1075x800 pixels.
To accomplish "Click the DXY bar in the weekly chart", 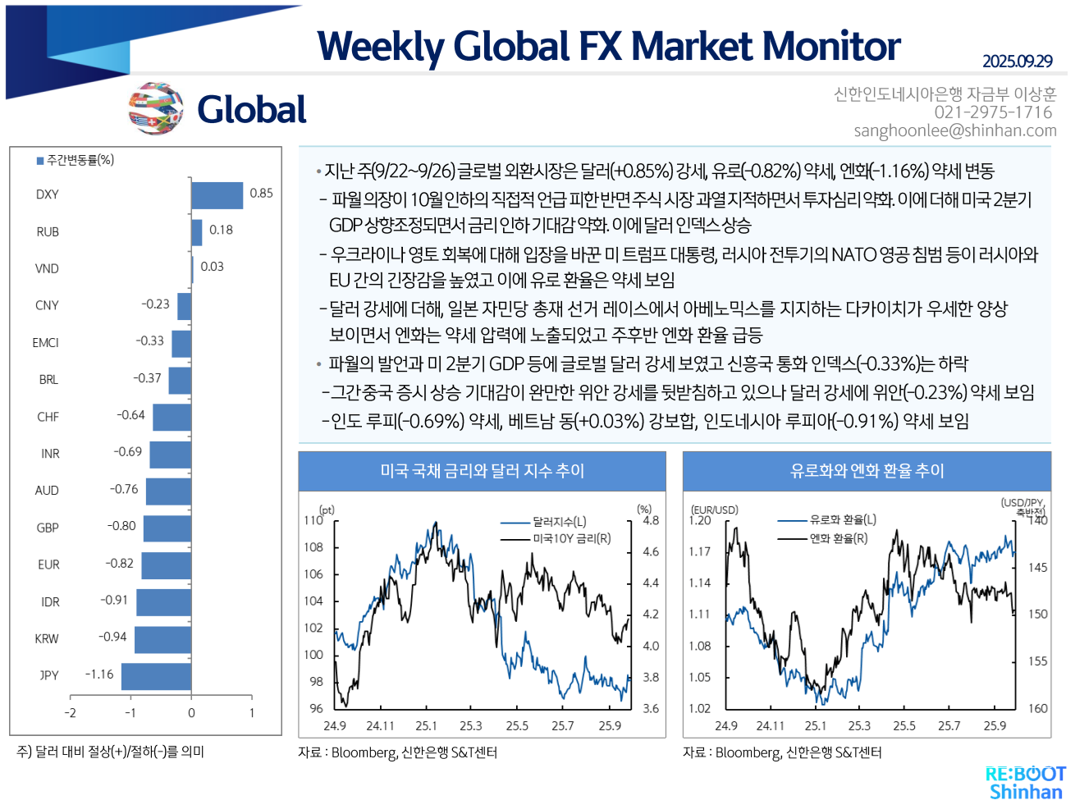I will [x=217, y=195].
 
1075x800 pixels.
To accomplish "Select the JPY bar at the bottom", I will [x=156, y=676].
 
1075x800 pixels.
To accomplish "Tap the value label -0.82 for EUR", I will [x=119, y=564].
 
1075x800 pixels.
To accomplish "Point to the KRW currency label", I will [x=47, y=639].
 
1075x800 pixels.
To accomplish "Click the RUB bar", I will [x=196, y=232].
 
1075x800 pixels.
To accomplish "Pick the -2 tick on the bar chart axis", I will [x=71, y=713].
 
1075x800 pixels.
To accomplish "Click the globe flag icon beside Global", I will [x=155, y=108].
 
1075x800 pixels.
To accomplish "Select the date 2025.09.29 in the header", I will [x=1017, y=62].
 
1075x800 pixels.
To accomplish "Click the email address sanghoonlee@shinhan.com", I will [x=954, y=131].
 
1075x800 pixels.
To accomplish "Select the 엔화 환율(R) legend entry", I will [x=838, y=539].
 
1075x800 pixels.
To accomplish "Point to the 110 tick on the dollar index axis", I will [x=313, y=520].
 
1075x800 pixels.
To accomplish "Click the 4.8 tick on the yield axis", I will [x=651, y=520].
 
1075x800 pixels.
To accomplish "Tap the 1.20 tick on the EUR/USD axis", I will [x=700, y=520].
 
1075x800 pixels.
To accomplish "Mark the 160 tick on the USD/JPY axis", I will [x=1037, y=709].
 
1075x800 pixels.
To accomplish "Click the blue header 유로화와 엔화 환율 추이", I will [x=867, y=471].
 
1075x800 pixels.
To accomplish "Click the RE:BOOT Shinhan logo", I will [x=1025, y=783].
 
